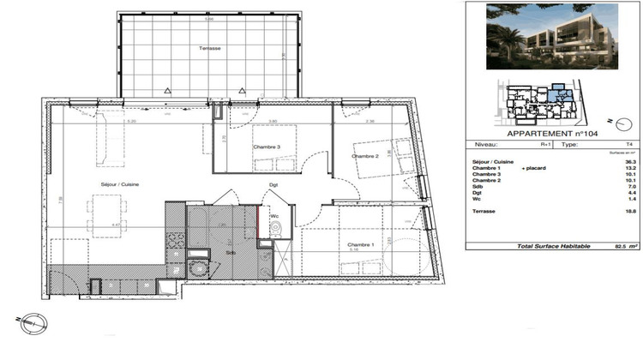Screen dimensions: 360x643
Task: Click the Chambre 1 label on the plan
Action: tap(359, 244)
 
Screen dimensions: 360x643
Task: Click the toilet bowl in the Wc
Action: tap(275, 229)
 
